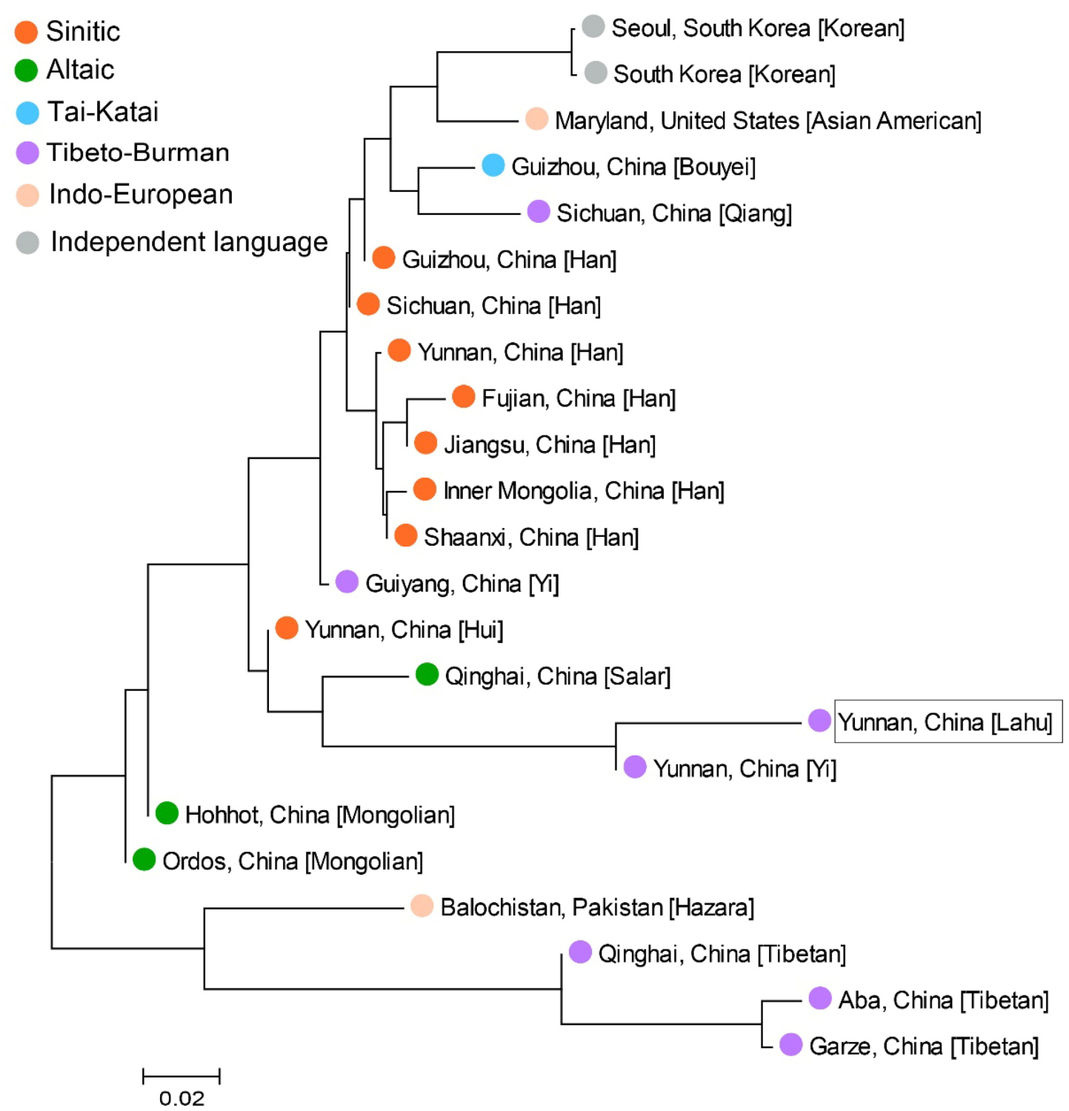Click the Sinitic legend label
pos(82,31)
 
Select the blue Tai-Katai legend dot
pos(27,113)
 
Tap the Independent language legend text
pos(189,242)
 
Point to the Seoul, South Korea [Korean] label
pos(758,28)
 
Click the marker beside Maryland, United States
pos(536,119)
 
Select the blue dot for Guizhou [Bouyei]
pos(493,165)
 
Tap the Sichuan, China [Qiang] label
pos(674,213)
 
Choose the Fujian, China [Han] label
pos(579,398)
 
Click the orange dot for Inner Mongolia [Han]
pos(424,489)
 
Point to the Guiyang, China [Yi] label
pos(462,584)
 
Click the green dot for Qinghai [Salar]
pos(427,674)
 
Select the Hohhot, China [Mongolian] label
pos(320,815)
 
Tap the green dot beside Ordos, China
pos(144,859)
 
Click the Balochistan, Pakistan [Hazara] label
pos(597,907)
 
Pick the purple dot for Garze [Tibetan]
pos(791,1044)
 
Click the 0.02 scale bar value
pos(182,1098)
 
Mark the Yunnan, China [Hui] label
pos(404,630)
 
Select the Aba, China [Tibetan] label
pos(943,1000)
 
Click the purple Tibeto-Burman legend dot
pos(27,153)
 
